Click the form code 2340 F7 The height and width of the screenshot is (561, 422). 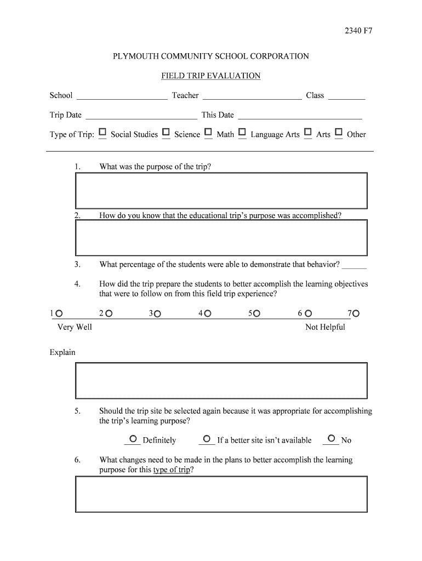click(358, 31)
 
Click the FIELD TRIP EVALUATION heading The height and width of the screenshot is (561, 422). click(210, 76)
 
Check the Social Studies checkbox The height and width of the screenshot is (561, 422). click(102, 133)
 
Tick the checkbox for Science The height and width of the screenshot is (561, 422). click(166, 133)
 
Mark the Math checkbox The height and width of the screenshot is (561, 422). click(208, 133)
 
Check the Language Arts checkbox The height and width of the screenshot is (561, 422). click(242, 133)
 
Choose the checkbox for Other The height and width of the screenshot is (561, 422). click(339, 133)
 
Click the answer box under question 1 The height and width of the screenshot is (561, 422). click(221, 190)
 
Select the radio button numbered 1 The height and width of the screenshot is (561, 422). click(59, 314)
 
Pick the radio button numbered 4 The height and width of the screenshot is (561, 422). click(208, 314)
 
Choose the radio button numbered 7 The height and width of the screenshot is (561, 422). click(356, 314)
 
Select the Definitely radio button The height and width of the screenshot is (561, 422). click(133, 439)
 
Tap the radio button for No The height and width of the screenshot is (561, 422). click(331, 439)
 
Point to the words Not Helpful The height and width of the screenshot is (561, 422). click(325, 327)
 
